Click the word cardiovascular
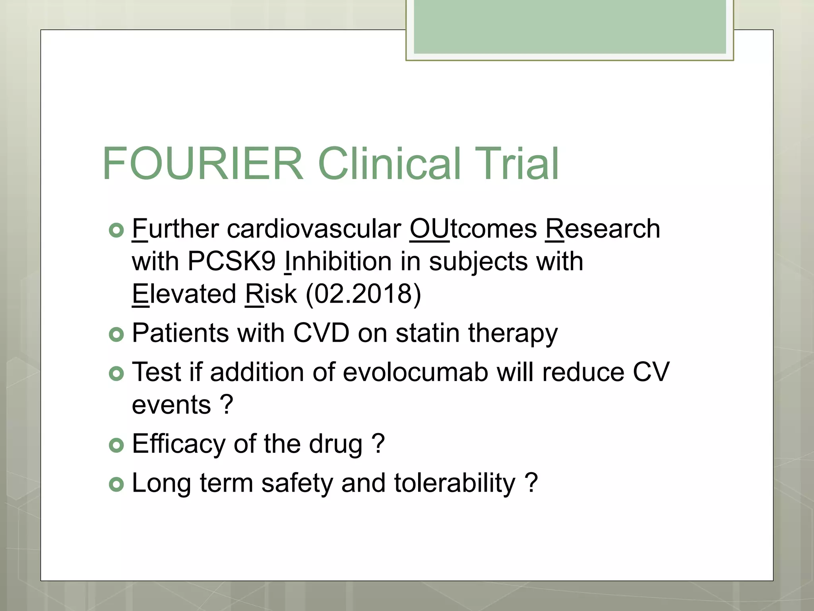click(x=314, y=229)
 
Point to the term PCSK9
click(x=231, y=262)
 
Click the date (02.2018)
click(x=363, y=294)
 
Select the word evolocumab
click(x=415, y=372)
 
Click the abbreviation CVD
click(x=321, y=333)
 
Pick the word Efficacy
click(x=178, y=444)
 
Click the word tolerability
click(x=455, y=483)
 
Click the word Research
click(x=603, y=229)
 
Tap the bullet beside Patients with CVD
click(x=116, y=334)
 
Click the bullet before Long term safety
click(x=116, y=484)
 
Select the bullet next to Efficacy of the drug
click(x=116, y=445)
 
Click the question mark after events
click(x=226, y=405)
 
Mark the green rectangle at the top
click(x=570, y=27)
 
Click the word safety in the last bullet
click(x=297, y=483)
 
